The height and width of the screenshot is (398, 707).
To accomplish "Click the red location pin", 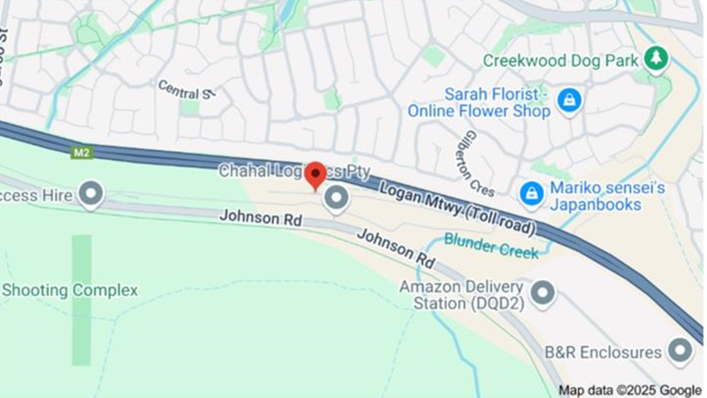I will tap(315, 174).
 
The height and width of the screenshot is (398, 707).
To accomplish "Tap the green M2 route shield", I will tap(82, 152).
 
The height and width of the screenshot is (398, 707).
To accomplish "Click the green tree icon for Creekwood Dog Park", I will tap(656, 59).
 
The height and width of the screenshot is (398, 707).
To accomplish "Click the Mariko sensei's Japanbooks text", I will tap(607, 195).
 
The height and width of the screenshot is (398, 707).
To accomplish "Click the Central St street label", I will tap(186, 89).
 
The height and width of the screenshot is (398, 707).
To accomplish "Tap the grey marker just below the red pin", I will tap(336, 198).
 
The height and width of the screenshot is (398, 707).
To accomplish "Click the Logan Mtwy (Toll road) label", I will tap(457, 209).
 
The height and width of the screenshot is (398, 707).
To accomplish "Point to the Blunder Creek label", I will tap(490, 245).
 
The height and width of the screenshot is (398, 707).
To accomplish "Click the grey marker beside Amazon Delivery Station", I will tap(542, 293).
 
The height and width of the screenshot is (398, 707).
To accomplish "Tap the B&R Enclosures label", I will tap(603, 352).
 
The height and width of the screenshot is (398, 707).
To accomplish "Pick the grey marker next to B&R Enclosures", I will tap(680, 350).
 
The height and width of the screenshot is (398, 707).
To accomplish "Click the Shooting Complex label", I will tap(70, 290).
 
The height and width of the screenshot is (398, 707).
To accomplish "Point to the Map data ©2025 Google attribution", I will tap(629, 390).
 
